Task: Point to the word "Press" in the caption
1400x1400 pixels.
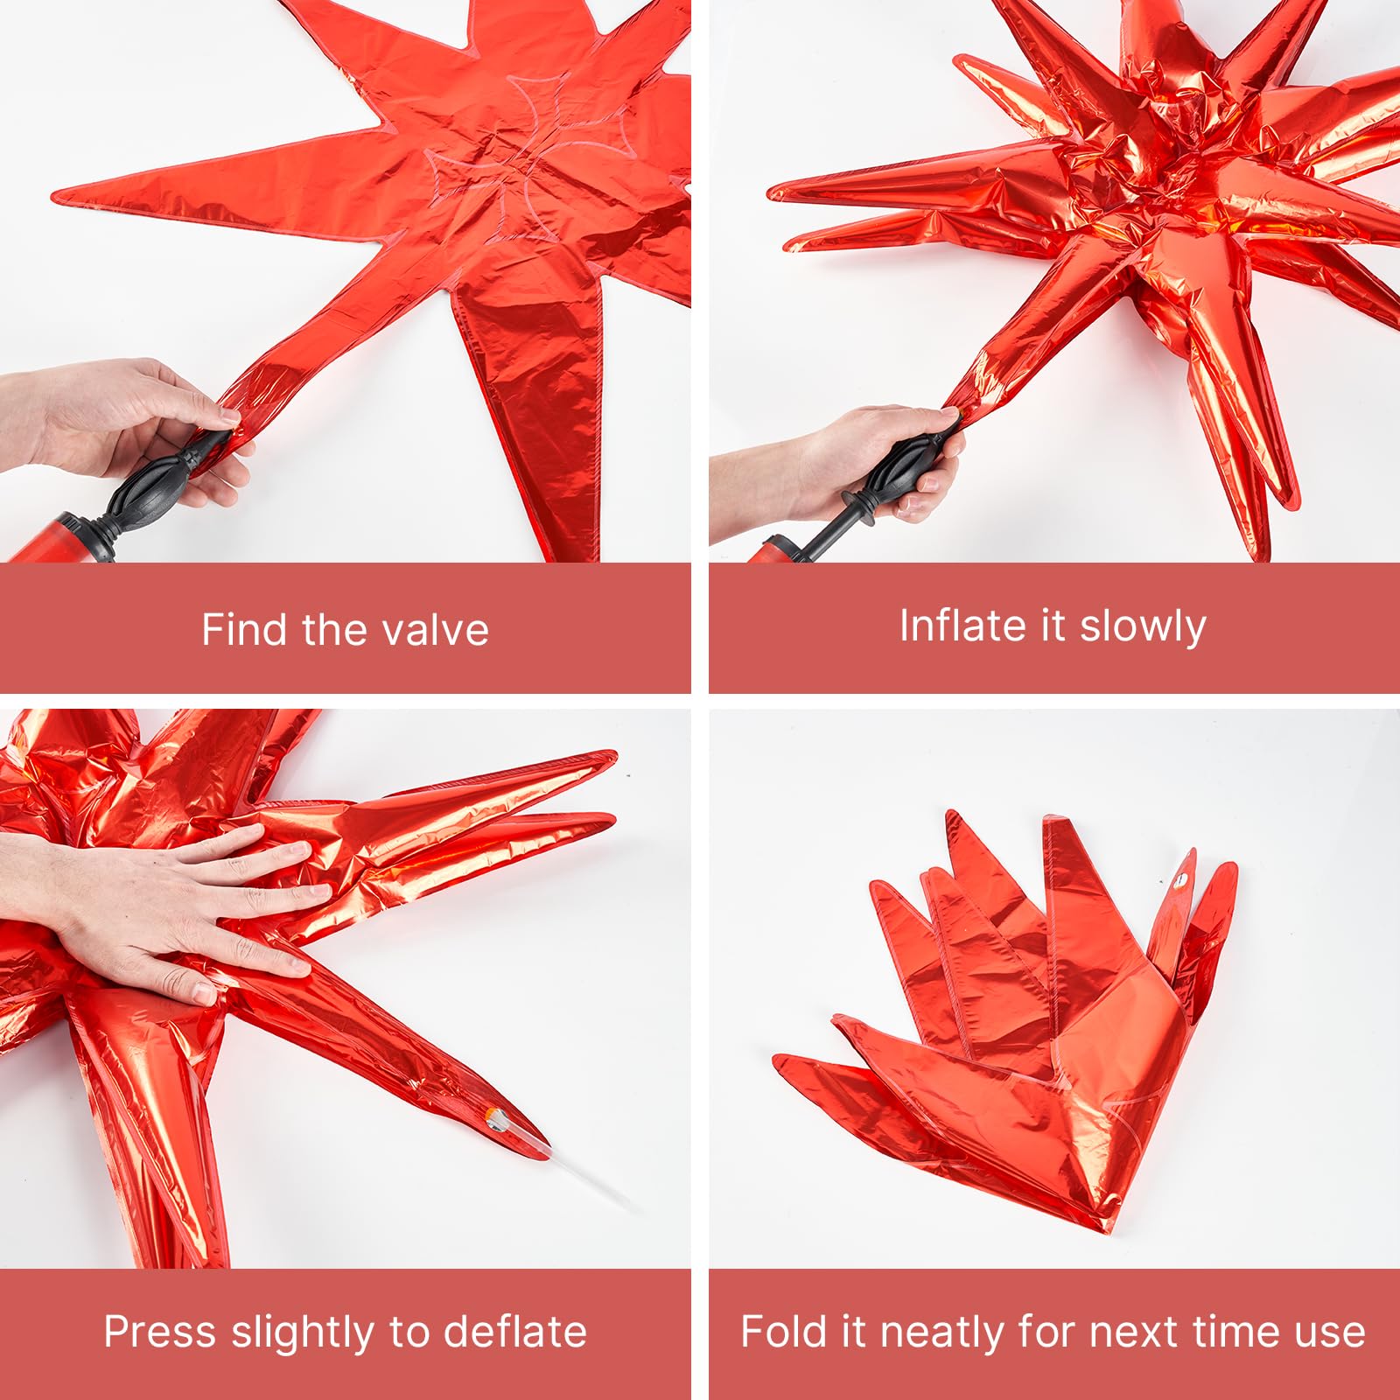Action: (x=160, y=1332)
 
